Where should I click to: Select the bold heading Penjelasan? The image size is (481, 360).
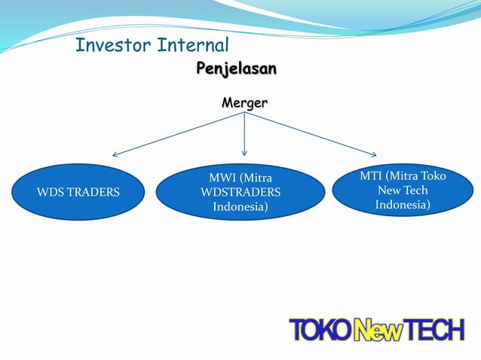[236, 69]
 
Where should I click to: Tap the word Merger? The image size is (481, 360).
[244, 102]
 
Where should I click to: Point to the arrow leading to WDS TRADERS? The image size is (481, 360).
[177, 136]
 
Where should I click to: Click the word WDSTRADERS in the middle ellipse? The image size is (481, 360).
[240, 192]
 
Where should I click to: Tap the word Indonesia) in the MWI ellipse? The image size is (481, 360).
[240, 206]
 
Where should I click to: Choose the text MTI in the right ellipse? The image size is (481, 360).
[371, 175]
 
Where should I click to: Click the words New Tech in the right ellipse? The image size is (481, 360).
[403, 191]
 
